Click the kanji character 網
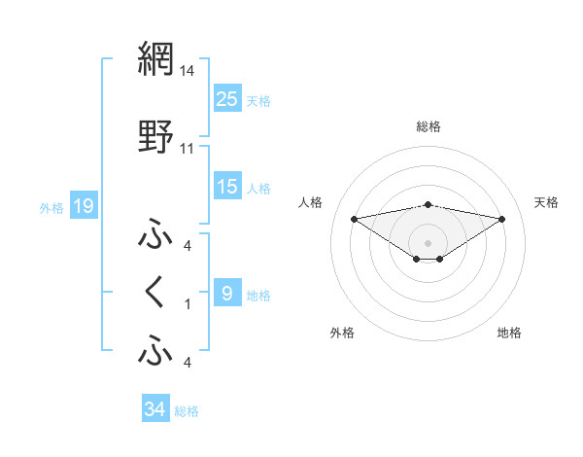coord(155,60)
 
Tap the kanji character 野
coord(155,137)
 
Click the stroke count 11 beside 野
coord(187,149)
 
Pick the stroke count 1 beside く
coord(188,304)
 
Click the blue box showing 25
coord(227,99)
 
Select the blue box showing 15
coord(227,188)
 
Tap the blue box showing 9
coord(227,294)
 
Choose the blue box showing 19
coord(83,206)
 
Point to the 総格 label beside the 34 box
coord(187,411)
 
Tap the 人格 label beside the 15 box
coord(258,189)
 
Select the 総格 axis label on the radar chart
coord(429,126)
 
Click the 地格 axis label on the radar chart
coord(509,333)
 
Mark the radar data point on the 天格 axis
coord(502,219)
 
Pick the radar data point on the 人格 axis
coord(354,218)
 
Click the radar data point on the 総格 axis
coord(429,204)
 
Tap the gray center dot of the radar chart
coord(429,242)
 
